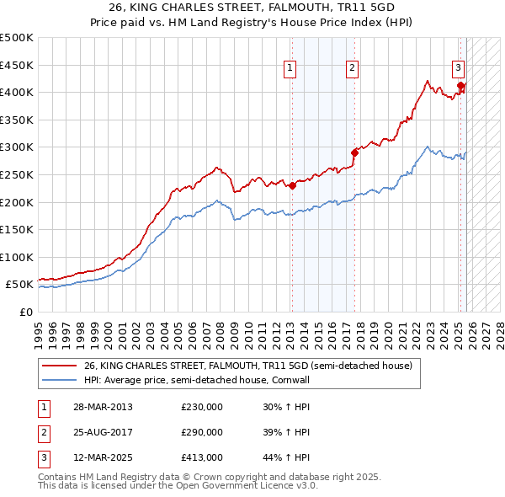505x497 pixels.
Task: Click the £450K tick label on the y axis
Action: [x=17, y=65]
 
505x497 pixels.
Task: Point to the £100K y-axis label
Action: [x=17, y=258]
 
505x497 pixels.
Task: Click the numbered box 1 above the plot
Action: [x=290, y=69]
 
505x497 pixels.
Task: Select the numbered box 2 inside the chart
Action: [x=352, y=69]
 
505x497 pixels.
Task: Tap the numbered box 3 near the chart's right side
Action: [x=458, y=69]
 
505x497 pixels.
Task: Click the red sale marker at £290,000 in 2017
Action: [x=354, y=152]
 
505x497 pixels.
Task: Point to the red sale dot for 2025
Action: [x=460, y=85]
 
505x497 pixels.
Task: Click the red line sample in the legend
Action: [x=60, y=366]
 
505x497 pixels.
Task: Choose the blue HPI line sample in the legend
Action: [x=60, y=380]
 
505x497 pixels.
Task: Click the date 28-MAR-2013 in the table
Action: [x=102, y=407]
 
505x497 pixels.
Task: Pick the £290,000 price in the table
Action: [x=202, y=432]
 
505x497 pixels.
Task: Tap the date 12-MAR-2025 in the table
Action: [x=102, y=457]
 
